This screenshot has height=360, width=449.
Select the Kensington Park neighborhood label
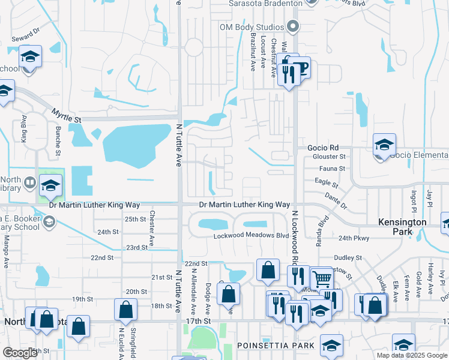pos(403,226)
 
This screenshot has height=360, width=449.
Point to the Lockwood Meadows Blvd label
pos(252,236)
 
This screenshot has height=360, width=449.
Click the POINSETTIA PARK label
pos(276,346)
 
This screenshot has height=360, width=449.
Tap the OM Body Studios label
pos(251,27)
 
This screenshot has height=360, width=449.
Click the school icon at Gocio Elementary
pos(384,145)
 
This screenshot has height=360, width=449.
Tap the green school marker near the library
pos(52,185)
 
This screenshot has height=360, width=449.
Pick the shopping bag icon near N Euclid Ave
pos(126,310)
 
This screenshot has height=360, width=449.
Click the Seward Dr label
pos(25,31)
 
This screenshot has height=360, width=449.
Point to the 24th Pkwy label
pos(353,238)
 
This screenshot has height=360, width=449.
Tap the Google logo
pos(20,353)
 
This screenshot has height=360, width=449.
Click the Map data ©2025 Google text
pos(411,355)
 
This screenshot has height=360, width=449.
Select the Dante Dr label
pos(336,200)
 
